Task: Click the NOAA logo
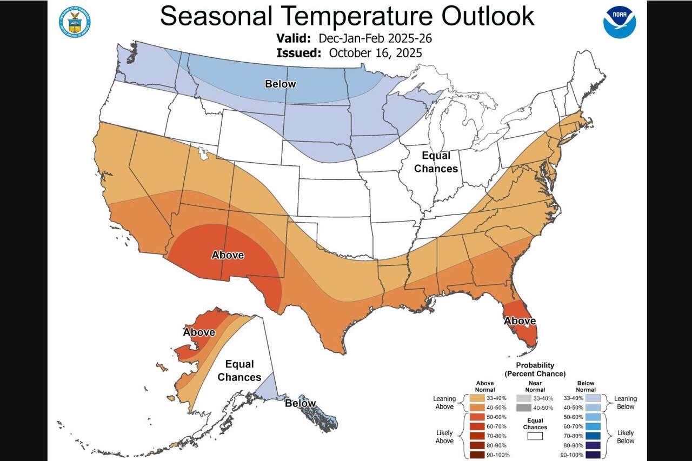coord(620,22)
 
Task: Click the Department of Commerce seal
coord(75,22)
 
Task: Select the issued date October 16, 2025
coord(375,53)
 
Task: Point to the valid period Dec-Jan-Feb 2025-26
coord(375,39)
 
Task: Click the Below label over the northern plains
coord(280,84)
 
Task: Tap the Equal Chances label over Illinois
coord(436,162)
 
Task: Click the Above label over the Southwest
coord(228,255)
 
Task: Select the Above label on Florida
coord(520,321)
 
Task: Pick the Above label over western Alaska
coord(199,332)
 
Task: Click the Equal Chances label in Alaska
coord(239,371)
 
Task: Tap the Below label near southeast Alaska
coord(301,403)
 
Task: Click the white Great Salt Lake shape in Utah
coord(203,154)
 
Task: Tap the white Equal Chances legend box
coord(535,436)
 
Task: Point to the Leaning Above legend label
coord(444,403)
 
